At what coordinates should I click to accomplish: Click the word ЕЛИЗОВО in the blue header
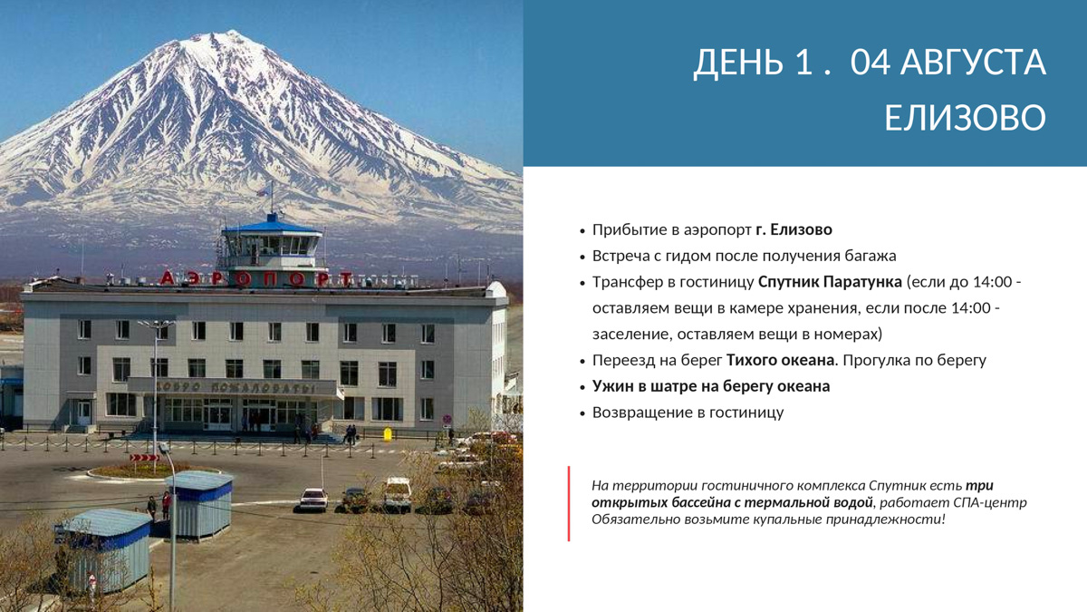(x=965, y=118)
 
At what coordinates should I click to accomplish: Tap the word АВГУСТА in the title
(x=973, y=63)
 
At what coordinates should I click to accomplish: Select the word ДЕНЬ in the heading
(x=738, y=63)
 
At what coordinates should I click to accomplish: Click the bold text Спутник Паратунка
(x=830, y=282)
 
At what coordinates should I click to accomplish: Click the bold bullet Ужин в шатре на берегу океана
(x=711, y=386)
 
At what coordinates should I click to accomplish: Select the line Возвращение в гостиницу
(x=688, y=413)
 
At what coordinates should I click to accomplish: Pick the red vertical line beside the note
(x=569, y=504)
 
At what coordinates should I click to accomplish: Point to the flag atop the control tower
(x=263, y=192)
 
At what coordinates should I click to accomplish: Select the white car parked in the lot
(x=313, y=500)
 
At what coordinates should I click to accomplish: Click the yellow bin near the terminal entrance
(x=388, y=434)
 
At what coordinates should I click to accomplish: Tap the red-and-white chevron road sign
(x=144, y=458)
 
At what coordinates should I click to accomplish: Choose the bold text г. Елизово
(x=794, y=229)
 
